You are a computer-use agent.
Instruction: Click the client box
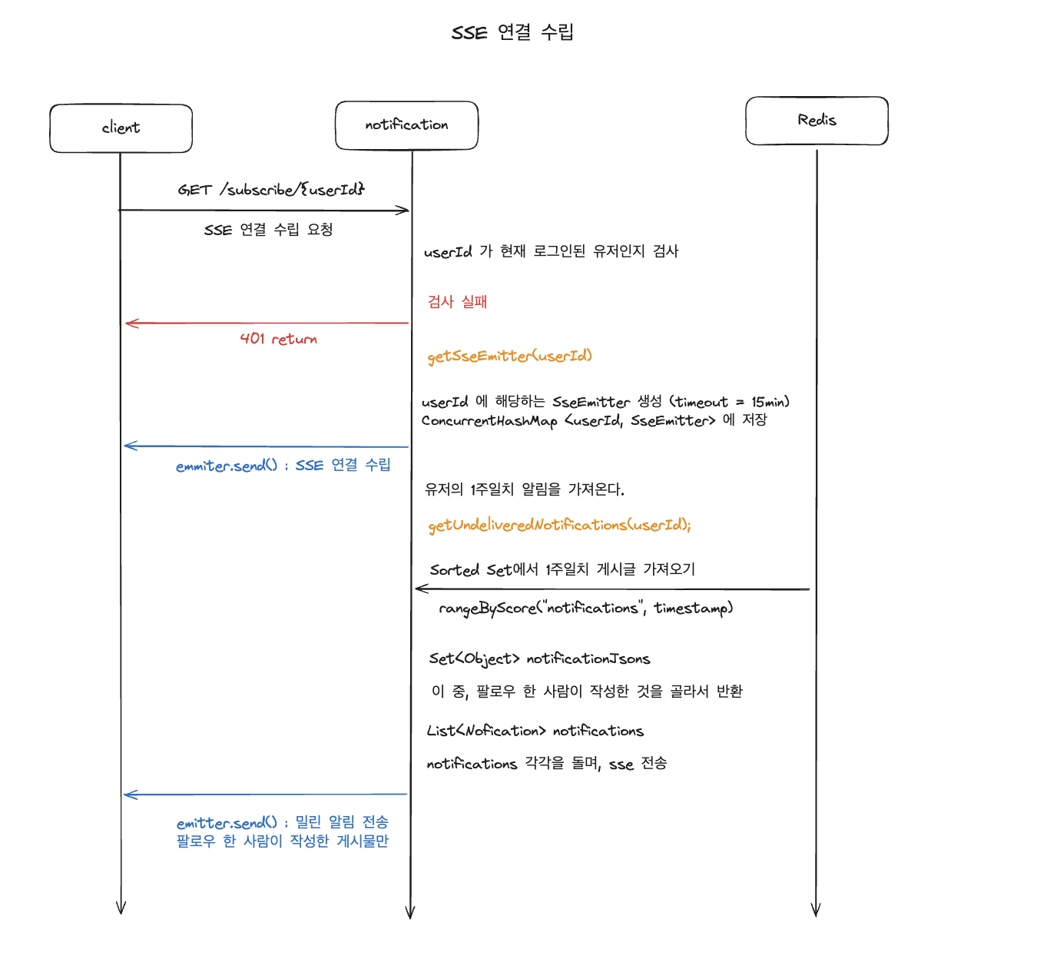coord(121,128)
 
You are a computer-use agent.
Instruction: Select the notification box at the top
coord(406,125)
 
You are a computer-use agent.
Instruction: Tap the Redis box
coord(817,121)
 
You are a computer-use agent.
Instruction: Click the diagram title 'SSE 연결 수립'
coord(512,32)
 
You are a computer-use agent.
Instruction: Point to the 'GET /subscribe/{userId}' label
coord(271,189)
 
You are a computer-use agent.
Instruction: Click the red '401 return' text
coord(278,339)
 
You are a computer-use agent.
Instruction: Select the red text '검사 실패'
coord(457,302)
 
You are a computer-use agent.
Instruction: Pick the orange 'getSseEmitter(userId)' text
coord(509,356)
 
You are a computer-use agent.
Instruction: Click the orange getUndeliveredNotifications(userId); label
coord(559,525)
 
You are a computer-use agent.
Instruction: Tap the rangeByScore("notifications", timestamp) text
coord(585,609)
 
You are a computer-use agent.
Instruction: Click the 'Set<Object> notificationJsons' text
coord(539,658)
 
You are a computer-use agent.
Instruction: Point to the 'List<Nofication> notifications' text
coord(535,731)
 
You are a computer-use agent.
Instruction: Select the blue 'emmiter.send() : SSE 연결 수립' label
coord(283,466)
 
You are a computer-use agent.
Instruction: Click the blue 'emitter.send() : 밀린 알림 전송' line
coord(282,823)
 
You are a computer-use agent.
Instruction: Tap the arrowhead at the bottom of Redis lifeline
coord(816,911)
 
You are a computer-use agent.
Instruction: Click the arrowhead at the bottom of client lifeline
coord(121,908)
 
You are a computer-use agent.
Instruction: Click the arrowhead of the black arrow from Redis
coord(419,589)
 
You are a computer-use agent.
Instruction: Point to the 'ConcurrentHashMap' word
coord(489,421)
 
